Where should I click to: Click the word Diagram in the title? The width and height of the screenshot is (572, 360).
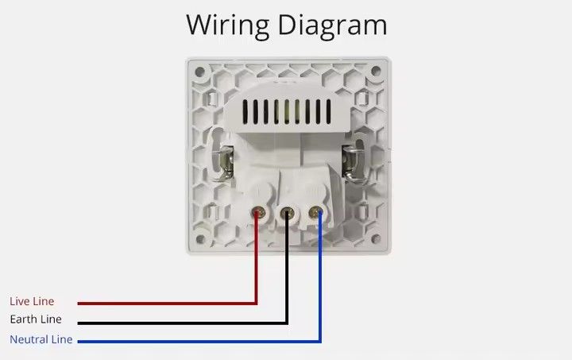pos(333,25)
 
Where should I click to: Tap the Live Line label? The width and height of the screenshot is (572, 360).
pos(32,302)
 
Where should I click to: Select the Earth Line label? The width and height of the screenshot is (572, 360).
pos(35,320)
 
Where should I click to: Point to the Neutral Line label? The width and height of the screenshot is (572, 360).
pos(41,340)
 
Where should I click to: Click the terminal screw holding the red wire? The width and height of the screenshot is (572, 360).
pos(258,213)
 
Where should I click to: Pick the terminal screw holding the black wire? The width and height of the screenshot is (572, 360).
pos(287,213)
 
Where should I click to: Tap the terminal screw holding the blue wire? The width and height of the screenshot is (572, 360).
pos(316,213)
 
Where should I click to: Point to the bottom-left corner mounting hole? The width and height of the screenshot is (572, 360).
pos(199,238)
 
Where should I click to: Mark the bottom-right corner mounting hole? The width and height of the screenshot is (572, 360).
pos(377,238)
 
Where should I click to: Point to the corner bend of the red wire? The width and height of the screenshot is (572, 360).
pos(257,303)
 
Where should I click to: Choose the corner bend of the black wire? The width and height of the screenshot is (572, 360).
pos(287,323)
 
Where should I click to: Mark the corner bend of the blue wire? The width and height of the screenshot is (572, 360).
pos(320,342)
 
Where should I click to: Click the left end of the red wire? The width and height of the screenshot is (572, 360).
pos(79,303)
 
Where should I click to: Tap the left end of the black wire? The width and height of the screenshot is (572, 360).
pos(79,323)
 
